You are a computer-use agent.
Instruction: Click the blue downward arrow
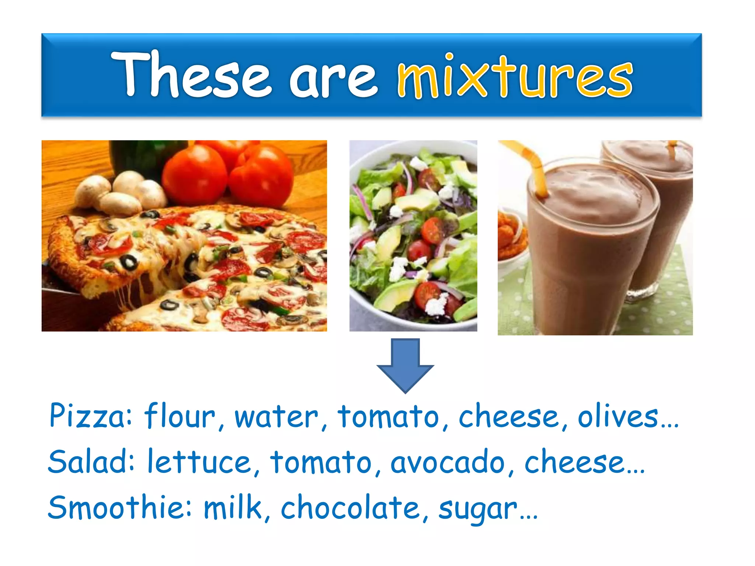click(405, 365)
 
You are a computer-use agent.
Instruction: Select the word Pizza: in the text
click(91, 416)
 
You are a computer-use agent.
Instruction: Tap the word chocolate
click(350, 508)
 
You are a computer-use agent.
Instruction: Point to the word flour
click(180, 416)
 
